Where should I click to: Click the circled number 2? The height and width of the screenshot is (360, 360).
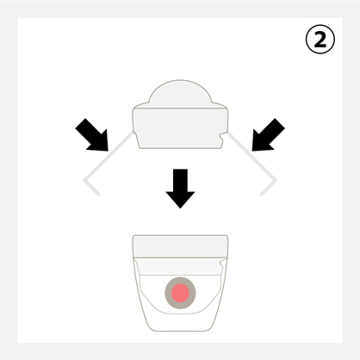click(x=320, y=40)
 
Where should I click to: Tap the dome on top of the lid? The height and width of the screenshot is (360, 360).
click(x=180, y=93)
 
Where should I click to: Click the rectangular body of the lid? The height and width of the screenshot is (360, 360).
click(x=180, y=128)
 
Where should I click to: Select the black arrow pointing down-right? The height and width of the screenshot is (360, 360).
click(x=93, y=135)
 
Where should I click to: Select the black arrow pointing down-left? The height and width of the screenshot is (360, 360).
click(x=267, y=135)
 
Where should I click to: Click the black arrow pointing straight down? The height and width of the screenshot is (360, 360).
click(x=180, y=188)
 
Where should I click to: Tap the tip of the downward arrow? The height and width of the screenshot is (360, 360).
click(x=180, y=208)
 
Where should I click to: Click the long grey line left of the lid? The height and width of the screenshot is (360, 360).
click(x=109, y=156)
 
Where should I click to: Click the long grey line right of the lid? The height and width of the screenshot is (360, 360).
click(x=251, y=156)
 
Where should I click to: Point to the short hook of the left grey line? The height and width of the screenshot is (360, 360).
click(x=92, y=188)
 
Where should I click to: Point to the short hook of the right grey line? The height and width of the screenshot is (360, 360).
click(x=269, y=188)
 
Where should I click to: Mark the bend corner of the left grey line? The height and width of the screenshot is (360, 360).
click(x=84, y=180)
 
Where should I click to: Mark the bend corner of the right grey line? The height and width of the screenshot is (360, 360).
click(x=276, y=180)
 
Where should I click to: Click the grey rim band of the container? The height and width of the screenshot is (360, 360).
click(x=180, y=246)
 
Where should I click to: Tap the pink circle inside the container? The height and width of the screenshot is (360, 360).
click(x=180, y=293)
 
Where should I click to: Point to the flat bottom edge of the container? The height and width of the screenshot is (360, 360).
click(x=180, y=331)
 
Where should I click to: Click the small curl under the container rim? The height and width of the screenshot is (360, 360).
click(x=222, y=263)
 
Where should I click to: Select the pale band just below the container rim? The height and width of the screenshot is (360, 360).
click(x=180, y=266)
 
